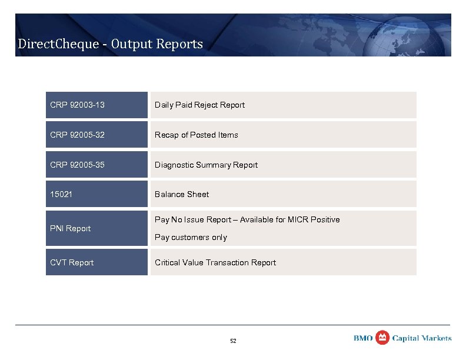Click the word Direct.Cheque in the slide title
coord(52,44)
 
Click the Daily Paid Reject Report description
coord(199,105)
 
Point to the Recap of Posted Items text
coord(196,135)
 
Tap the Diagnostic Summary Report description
coord(206,165)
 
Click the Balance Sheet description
coord(182,194)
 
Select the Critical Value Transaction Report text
coord(215,262)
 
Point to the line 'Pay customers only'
coord(191,238)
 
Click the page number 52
coord(233,341)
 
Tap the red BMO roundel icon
coord(382,337)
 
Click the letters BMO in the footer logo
coord(363,338)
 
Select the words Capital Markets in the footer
coord(422,338)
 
